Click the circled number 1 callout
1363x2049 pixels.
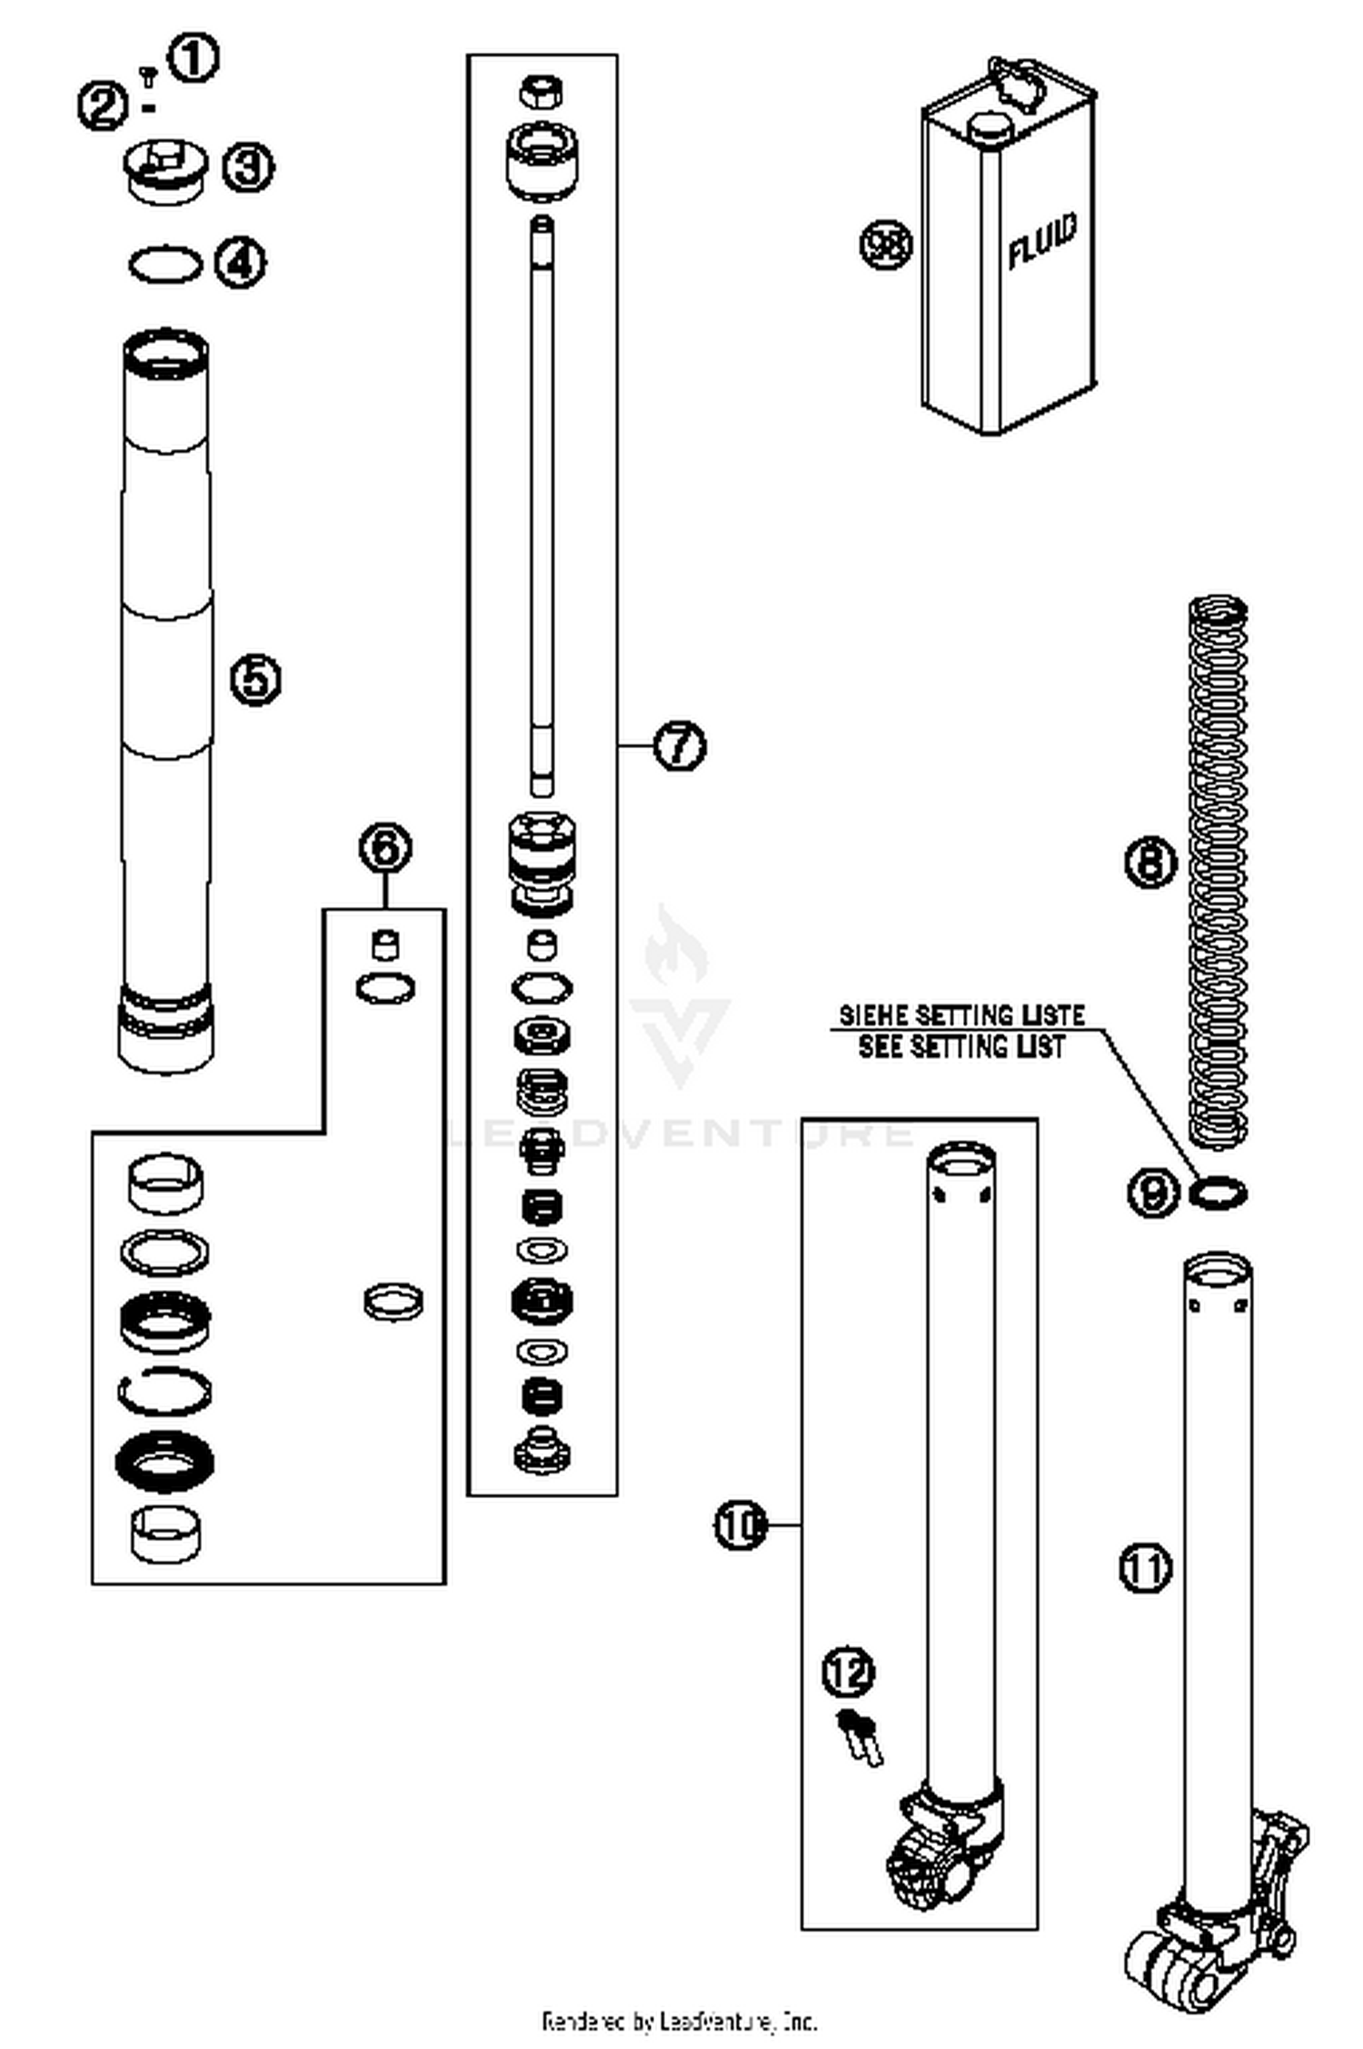pos(194,58)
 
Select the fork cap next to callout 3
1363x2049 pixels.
pos(164,171)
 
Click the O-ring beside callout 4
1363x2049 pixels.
pos(164,265)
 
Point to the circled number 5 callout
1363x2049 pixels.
pos(254,679)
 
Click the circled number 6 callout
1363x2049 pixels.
pos(384,848)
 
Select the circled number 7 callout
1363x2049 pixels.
pos(680,746)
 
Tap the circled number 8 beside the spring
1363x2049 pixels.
pos(1150,860)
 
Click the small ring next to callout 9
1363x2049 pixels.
pos(1218,1193)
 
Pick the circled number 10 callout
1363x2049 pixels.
pos(741,1524)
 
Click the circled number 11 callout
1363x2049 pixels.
pos(1145,1567)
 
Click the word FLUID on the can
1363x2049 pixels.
pos(1042,241)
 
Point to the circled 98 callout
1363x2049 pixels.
pos(885,245)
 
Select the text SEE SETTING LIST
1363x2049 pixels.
pos(960,1047)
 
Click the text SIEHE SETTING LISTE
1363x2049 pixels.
pos(960,1015)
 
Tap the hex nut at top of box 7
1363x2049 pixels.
pos(541,91)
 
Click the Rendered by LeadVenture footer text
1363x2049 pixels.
pos(680,2022)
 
